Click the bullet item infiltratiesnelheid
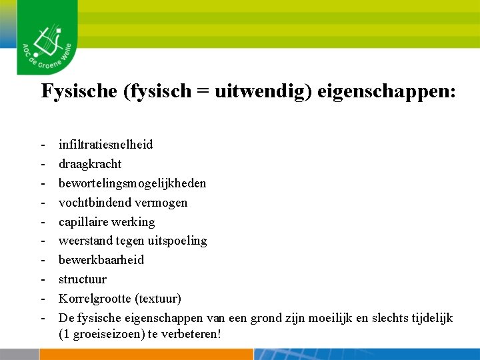(x=105, y=145)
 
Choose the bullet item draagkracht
(x=90, y=164)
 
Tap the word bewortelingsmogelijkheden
(x=132, y=183)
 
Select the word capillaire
(x=84, y=222)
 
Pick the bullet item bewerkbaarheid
(x=101, y=260)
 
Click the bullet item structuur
(x=82, y=279)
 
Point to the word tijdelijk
(x=430, y=318)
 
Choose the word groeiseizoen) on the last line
(x=104, y=333)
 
